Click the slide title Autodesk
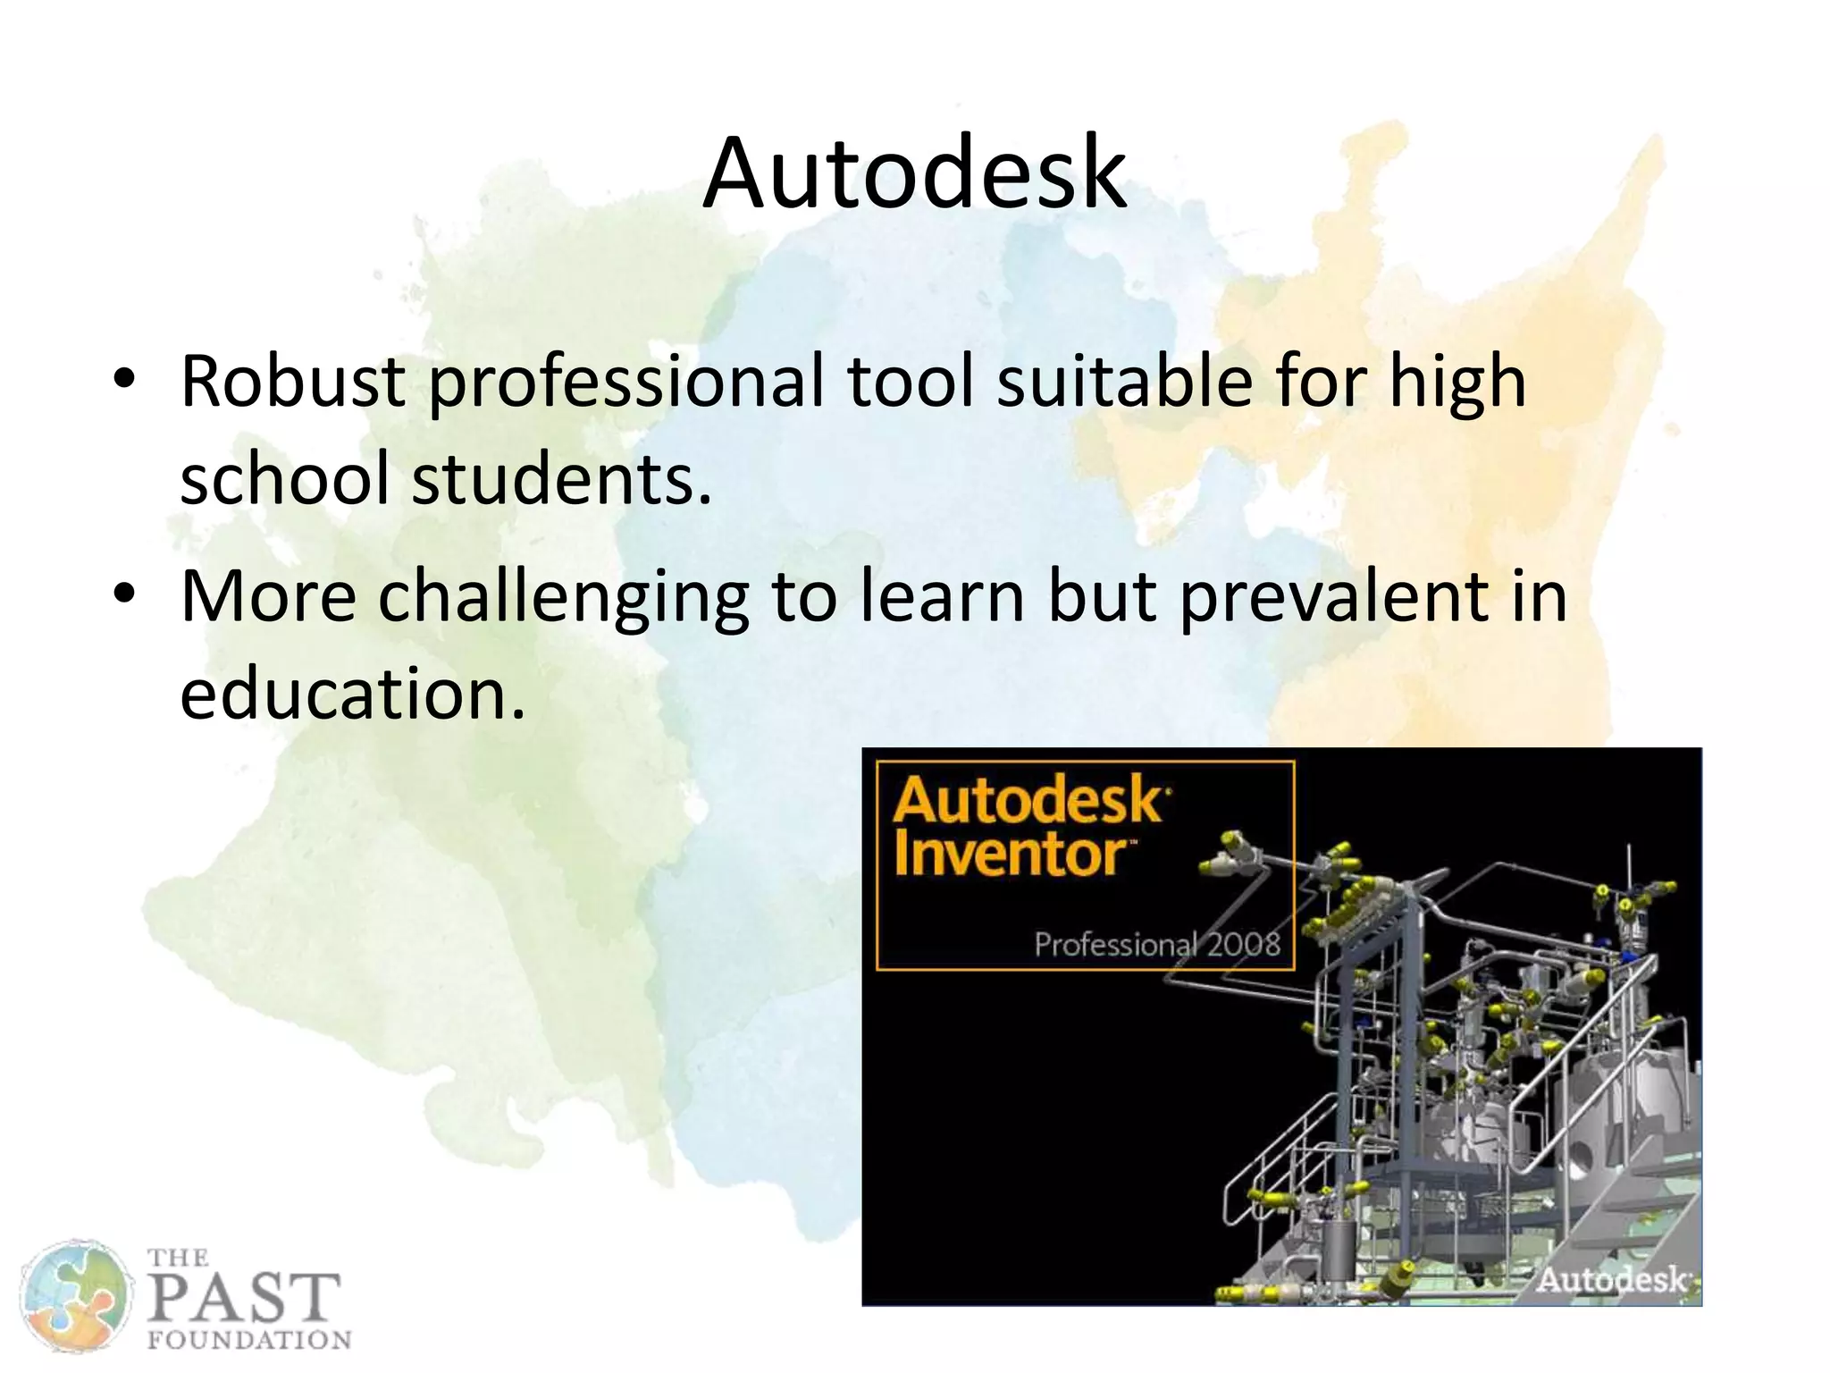click(914, 174)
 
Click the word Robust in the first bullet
click(292, 382)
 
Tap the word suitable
click(1125, 382)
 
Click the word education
click(352, 695)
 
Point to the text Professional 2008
click(1157, 944)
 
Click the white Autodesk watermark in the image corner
click(1611, 1279)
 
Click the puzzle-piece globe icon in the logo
click(75, 1296)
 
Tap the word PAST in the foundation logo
click(243, 1298)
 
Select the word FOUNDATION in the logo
click(248, 1339)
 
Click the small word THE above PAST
click(177, 1258)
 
